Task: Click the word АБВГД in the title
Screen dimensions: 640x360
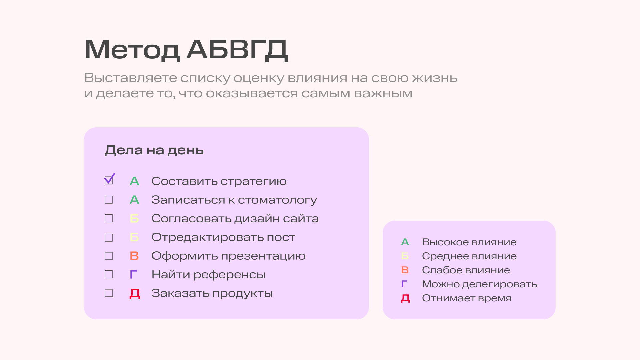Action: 237,50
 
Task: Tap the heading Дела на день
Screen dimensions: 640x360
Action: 154,150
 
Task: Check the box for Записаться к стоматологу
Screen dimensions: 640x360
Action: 109,200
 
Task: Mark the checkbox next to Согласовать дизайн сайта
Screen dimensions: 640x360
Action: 109,218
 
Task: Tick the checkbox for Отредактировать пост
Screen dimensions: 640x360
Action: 109,238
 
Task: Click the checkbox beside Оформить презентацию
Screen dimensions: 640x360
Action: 109,256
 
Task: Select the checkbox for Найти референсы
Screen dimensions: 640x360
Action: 109,274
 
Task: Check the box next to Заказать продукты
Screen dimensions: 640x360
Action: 109,293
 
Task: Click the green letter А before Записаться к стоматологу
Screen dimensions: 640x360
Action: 134,200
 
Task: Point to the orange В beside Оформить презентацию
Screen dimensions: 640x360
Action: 134,256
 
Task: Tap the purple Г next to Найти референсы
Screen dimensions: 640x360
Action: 133,274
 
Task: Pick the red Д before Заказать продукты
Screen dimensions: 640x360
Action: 135,294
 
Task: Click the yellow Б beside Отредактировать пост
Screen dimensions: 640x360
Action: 134,237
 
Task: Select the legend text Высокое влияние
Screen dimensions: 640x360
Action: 469,242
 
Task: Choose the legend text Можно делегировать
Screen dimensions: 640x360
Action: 479,284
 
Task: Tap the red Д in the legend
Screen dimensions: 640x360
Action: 405,298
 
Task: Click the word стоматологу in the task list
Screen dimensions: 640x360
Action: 277,200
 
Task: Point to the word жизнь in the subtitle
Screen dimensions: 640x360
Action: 435,78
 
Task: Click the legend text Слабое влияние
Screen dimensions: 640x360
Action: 466,270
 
